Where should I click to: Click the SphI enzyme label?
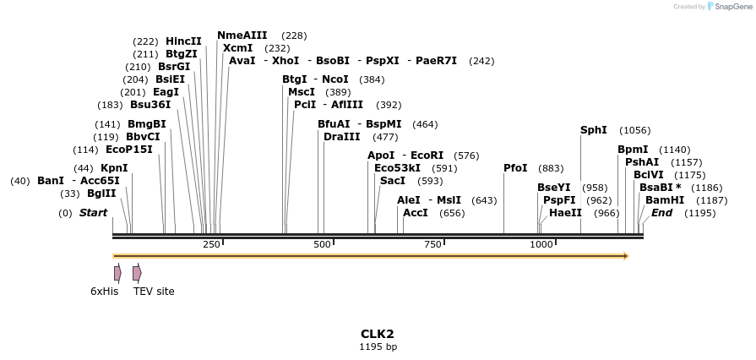(x=593, y=130)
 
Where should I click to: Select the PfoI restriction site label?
(x=515, y=168)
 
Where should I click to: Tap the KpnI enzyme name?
(x=114, y=168)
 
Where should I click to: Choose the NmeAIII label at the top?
(x=242, y=35)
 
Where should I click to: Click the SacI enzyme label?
(x=393, y=181)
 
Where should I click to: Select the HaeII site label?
(x=565, y=213)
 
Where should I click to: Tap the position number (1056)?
(x=634, y=131)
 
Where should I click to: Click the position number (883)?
(x=551, y=169)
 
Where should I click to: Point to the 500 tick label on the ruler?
(x=322, y=244)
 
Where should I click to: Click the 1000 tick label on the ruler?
(x=541, y=244)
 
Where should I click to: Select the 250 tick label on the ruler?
(x=211, y=244)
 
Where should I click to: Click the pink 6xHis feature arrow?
(x=117, y=273)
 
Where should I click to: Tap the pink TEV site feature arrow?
(x=137, y=273)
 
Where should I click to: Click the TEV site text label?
(x=154, y=292)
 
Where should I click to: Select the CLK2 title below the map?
(x=378, y=334)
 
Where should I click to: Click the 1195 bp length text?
(x=378, y=346)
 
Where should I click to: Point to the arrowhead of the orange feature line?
(x=626, y=255)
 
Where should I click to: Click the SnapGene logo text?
(x=732, y=7)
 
